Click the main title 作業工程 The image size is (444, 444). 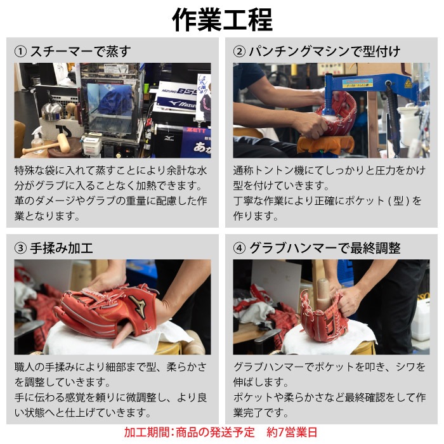point(222,19)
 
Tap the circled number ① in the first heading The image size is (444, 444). point(20,51)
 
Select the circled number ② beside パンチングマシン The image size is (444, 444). point(239,51)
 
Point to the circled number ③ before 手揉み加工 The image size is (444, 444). point(20,249)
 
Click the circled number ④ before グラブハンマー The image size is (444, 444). point(239,249)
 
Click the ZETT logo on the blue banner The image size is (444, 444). point(197,131)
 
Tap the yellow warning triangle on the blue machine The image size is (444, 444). point(408,84)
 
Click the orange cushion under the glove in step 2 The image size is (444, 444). point(325,145)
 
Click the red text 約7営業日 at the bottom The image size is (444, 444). point(292,432)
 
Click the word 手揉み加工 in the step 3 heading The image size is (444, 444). point(62,249)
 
